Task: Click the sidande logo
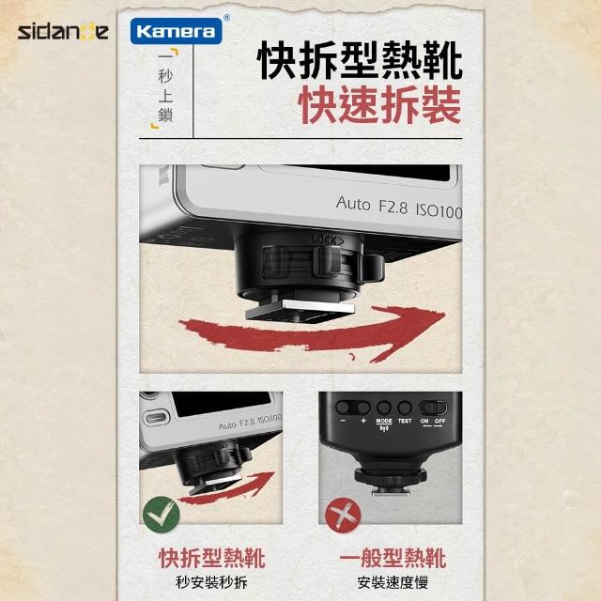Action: point(63,32)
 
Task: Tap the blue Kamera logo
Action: point(177,31)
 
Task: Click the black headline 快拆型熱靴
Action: point(361,60)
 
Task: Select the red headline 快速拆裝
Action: point(379,104)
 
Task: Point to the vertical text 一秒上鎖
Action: point(165,88)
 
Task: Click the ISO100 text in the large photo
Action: point(439,210)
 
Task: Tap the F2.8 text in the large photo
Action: point(393,207)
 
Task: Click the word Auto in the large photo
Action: point(353,203)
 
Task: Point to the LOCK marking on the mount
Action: point(327,239)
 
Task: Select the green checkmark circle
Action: point(161,515)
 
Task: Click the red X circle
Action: point(343,515)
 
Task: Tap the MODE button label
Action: point(384,421)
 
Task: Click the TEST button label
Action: point(405,421)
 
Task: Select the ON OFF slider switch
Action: point(433,408)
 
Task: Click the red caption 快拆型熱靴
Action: point(212,558)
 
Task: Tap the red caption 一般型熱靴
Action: point(393,558)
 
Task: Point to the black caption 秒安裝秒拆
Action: point(211,582)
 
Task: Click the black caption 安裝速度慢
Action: point(393,582)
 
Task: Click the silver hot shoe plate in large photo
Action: point(317,306)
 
